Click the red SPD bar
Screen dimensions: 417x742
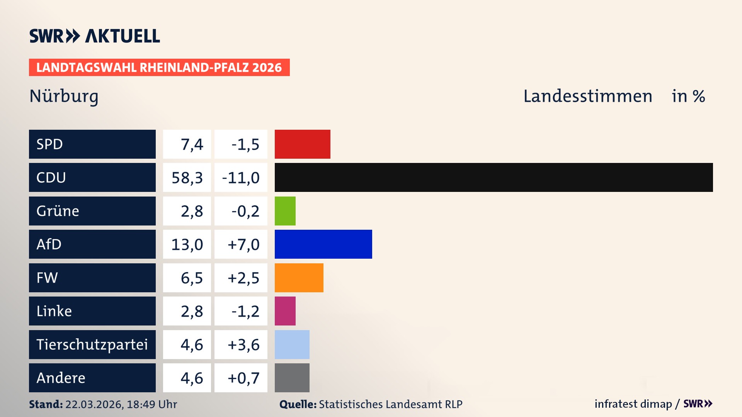(x=302, y=144)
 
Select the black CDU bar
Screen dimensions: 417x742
(x=494, y=177)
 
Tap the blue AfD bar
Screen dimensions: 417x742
(x=323, y=244)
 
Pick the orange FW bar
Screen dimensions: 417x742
(x=299, y=278)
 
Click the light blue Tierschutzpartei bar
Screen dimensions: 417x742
(x=292, y=344)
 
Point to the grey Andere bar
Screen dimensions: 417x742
(x=292, y=378)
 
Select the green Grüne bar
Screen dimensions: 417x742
(x=285, y=211)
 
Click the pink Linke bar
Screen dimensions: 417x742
(x=285, y=311)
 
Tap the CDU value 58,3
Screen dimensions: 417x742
(x=187, y=178)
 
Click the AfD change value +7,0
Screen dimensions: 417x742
(x=243, y=244)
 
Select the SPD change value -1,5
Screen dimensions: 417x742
(x=245, y=144)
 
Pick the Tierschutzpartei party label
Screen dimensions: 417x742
(x=92, y=344)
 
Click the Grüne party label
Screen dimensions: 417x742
(x=58, y=211)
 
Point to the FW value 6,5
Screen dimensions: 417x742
(x=192, y=278)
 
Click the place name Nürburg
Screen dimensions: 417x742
(x=64, y=96)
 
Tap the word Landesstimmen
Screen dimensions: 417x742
(x=587, y=96)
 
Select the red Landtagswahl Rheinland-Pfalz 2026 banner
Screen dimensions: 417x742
(x=159, y=68)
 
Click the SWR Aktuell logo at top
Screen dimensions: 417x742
(x=94, y=36)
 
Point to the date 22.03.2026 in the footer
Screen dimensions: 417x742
(x=94, y=404)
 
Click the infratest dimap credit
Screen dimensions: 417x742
(x=633, y=404)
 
